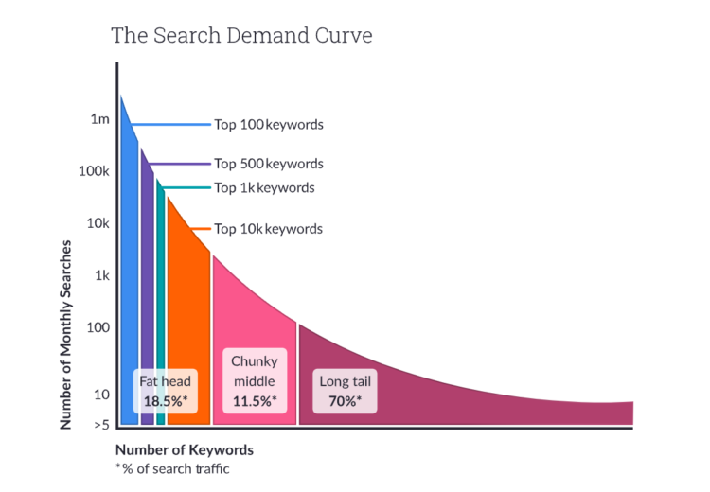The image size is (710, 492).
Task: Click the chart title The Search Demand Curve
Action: point(241,36)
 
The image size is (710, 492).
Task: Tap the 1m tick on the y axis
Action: point(100,119)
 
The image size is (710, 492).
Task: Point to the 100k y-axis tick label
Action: point(95,171)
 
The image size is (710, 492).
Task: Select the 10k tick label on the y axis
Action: point(98,224)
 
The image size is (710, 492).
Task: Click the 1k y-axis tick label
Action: point(101,276)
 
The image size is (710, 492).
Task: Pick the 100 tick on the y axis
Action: point(99,328)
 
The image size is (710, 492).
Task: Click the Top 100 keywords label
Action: point(269,124)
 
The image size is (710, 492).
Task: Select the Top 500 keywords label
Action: point(269,164)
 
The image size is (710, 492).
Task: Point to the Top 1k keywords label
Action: point(264,187)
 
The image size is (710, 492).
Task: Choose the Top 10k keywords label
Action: point(268,229)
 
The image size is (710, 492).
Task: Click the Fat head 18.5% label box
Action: point(166,391)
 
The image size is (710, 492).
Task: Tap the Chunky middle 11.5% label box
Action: point(255,381)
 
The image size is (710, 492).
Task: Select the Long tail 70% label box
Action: point(346,391)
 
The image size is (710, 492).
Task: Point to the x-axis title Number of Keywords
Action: point(185,449)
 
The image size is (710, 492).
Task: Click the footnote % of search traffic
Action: point(176,468)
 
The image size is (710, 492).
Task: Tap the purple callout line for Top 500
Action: point(180,164)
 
